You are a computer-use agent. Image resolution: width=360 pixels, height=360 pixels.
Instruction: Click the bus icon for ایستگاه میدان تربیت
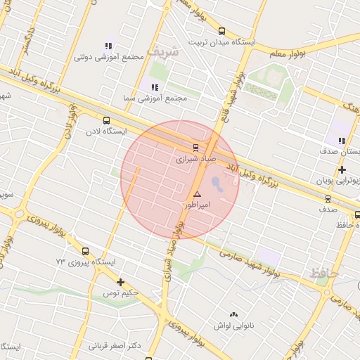pyautogui.click(x=222, y=31)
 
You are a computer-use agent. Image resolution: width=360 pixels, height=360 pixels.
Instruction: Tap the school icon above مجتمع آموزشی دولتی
pyautogui.click(x=108, y=45)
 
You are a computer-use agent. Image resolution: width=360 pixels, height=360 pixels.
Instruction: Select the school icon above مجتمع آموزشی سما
pyautogui.click(x=154, y=86)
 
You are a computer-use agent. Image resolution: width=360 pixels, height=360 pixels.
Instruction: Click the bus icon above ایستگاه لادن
pyautogui.click(x=106, y=120)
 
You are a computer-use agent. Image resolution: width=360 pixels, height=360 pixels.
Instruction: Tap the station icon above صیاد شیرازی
pyautogui.click(x=196, y=148)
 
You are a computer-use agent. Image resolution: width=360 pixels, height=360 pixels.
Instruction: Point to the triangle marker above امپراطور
pyautogui.click(x=197, y=193)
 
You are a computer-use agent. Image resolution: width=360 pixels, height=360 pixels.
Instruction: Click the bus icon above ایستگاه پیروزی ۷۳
pyautogui.click(x=85, y=251)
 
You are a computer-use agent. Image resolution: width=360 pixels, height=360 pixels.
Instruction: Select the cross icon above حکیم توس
pyautogui.click(x=121, y=281)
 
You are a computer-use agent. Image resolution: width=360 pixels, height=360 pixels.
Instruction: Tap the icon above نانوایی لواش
pyautogui.click(x=233, y=315)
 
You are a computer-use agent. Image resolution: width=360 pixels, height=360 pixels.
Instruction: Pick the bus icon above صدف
pyautogui.click(x=339, y=198)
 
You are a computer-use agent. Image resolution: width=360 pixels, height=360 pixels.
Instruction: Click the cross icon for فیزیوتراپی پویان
pyautogui.click(x=342, y=170)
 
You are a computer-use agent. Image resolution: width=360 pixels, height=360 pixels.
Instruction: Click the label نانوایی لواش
pyautogui.click(x=233, y=326)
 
